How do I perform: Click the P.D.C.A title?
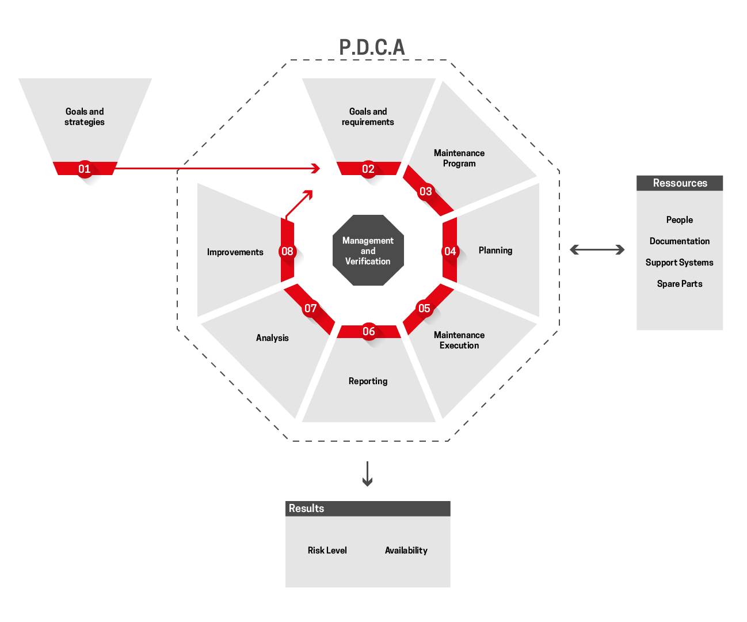click(x=372, y=47)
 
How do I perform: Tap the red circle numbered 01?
click(x=85, y=169)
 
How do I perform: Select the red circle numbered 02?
click(x=368, y=169)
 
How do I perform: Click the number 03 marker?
click(x=425, y=191)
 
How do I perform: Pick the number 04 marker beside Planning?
click(x=450, y=251)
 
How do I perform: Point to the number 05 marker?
click(x=424, y=308)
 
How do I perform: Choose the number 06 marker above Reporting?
click(x=369, y=331)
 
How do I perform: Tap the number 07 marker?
click(x=311, y=308)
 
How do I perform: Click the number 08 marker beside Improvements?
click(x=287, y=251)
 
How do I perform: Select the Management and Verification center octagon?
click(x=368, y=251)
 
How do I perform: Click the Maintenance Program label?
click(x=459, y=158)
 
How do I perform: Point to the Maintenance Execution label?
click(x=459, y=340)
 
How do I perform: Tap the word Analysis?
click(x=272, y=338)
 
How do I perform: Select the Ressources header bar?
click(x=680, y=183)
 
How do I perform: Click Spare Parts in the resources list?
click(x=680, y=284)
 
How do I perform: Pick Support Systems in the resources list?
click(x=680, y=263)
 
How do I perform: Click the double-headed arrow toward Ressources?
click(x=597, y=249)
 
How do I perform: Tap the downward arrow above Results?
click(x=368, y=473)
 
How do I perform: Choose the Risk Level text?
click(x=327, y=551)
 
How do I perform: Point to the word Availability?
click(x=406, y=551)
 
